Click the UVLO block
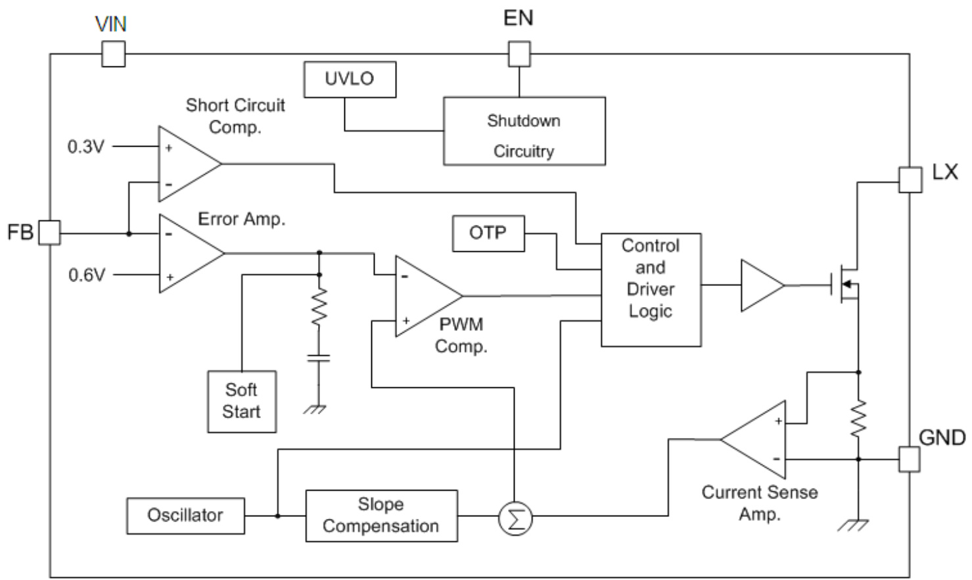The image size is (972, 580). click(350, 80)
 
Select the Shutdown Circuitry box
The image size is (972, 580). click(524, 132)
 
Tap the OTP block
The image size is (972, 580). click(488, 233)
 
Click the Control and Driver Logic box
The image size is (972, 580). click(651, 289)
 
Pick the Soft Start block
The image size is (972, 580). click(241, 401)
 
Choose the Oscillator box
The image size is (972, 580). click(185, 516)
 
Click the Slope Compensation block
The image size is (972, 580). click(381, 516)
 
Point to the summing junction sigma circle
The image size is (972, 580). click(515, 519)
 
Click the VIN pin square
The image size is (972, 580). click(113, 54)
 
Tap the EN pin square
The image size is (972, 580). click(519, 54)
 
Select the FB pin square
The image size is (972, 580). click(49, 233)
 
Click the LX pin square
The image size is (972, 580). click(910, 179)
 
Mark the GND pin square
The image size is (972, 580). click(910, 459)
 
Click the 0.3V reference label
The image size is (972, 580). click(86, 147)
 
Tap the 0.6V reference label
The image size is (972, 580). click(87, 275)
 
